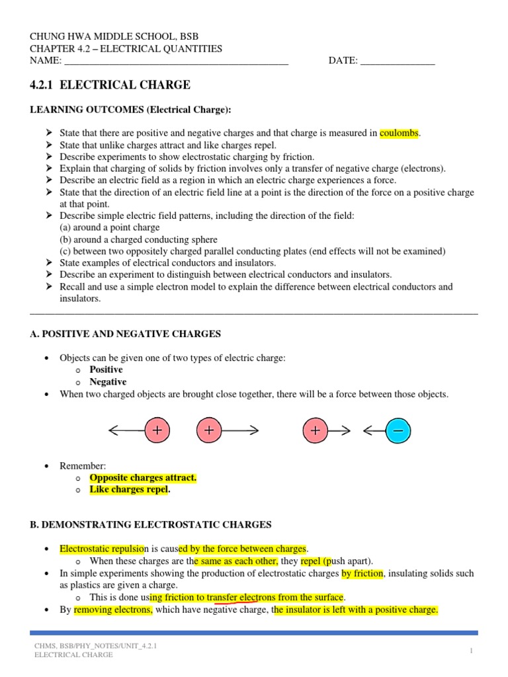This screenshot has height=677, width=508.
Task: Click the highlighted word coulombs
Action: tap(400, 133)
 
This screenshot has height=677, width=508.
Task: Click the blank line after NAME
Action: tap(176, 61)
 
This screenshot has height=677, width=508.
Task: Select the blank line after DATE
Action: tap(397, 61)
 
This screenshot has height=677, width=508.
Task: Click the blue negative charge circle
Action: tap(398, 431)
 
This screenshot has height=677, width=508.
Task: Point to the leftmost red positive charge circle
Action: tap(157, 431)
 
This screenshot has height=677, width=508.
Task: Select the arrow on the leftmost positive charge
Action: tap(126, 431)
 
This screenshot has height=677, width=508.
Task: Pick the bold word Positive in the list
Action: tap(106, 370)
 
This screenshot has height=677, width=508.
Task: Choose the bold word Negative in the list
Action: tap(108, 382)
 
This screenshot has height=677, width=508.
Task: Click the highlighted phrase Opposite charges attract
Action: tap(143, 477)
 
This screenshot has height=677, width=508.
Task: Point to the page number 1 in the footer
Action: tap(472, 651)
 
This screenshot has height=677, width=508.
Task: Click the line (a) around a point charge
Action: tap(109, 227)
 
